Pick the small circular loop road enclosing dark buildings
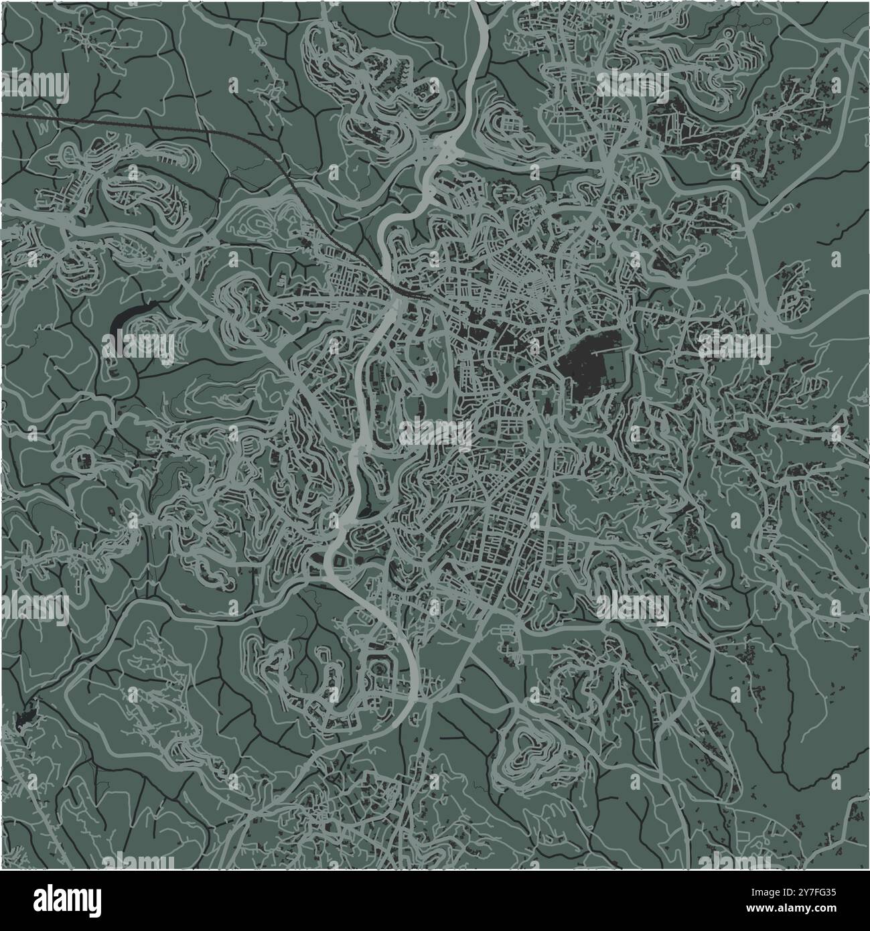tap(84, 459)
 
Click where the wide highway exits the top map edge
tap(478, 7)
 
